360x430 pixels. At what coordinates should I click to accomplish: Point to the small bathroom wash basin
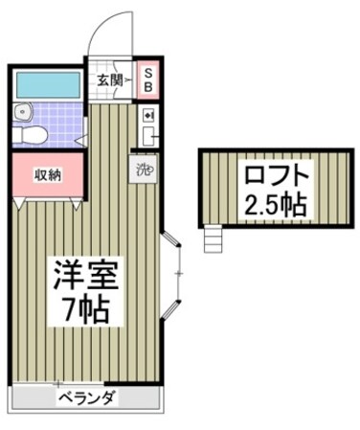[23, 113]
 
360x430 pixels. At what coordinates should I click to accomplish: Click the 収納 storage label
[44, 174]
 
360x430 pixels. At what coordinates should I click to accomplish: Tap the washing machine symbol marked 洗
[145, 172]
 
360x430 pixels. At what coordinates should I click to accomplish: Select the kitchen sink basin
[148, 136]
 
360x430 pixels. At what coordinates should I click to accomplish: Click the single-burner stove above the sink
[148, 115]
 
